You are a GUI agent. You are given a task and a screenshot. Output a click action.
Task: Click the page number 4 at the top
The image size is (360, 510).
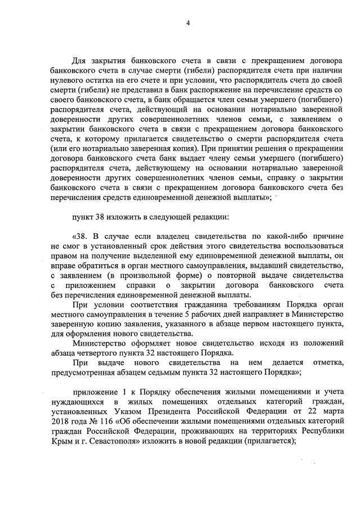click(x=188, y=23)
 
